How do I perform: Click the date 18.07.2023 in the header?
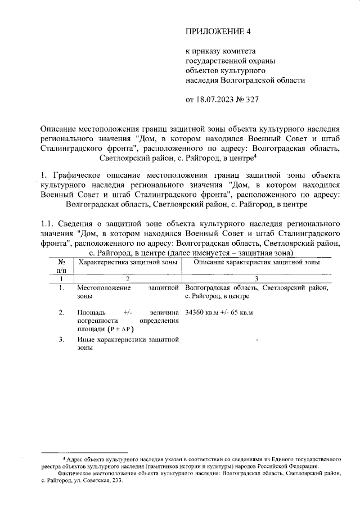coord(217,100)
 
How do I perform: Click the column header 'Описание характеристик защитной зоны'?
coord(256,262)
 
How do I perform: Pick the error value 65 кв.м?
coord(243,312)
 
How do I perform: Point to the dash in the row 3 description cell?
coord(256,340)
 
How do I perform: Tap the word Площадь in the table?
coord(91,312)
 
